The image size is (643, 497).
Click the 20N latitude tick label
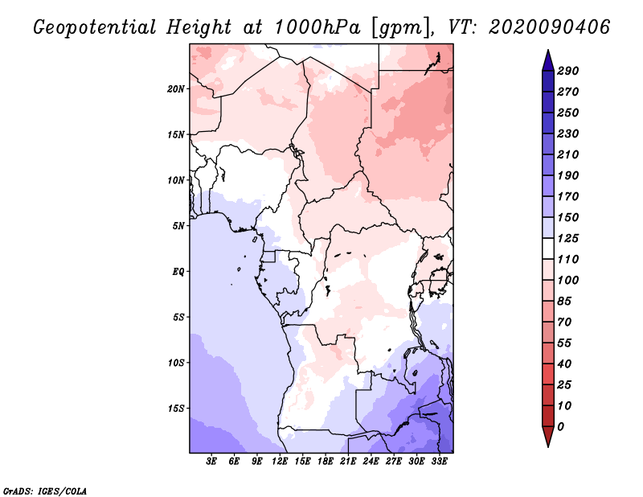point(176,88)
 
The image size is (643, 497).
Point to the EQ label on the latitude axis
point(178,271)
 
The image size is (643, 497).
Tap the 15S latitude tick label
point(176,408)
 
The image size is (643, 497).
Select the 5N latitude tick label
point(178,225)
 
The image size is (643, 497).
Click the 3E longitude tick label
point(212,462)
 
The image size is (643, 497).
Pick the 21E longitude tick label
point(348,462)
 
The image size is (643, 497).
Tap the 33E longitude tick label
point(439,462)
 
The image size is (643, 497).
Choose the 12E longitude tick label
point(280,462)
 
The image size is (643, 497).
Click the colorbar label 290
point(568,71)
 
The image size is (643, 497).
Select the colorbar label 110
point(568,259)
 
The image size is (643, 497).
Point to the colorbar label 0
point(561,426)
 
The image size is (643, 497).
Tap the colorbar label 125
point(568,238)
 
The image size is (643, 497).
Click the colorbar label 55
point(565,343)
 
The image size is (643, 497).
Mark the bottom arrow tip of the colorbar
point(547,445)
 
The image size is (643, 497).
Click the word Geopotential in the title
point(96,27)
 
